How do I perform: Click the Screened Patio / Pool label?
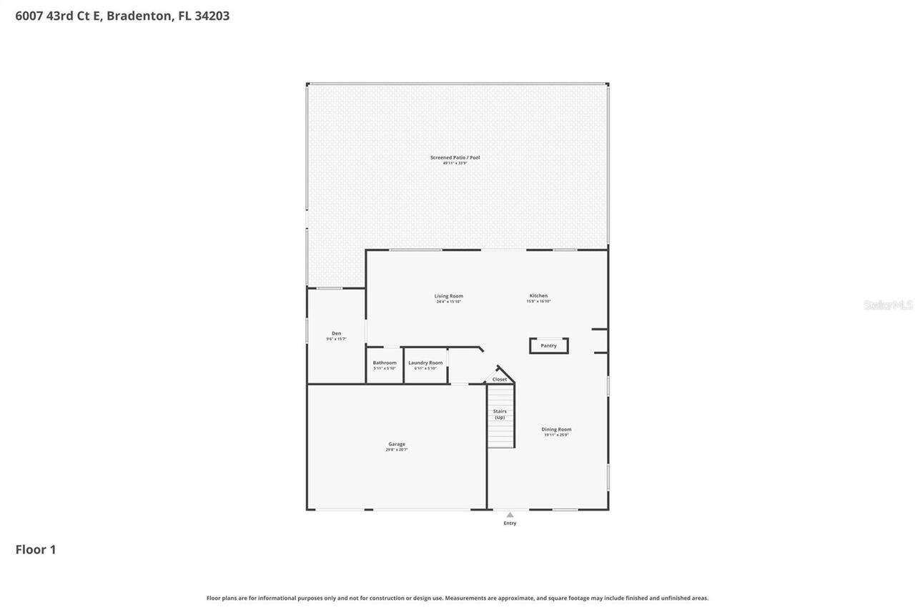455,157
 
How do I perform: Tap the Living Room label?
448,296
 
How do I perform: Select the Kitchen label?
538,296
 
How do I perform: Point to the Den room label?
336,333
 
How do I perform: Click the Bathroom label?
385,363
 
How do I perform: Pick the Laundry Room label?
425,363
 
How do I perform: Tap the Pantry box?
548,346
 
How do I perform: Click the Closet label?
500,379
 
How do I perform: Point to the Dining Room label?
556,430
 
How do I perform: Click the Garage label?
397,444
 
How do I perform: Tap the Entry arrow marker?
510,514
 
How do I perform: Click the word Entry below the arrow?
510,523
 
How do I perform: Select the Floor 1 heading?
36,549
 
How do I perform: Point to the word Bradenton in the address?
139,16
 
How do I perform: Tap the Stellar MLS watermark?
888,305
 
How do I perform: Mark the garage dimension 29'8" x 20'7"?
397,450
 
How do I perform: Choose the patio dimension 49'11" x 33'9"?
455,163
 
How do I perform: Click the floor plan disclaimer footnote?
457,598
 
